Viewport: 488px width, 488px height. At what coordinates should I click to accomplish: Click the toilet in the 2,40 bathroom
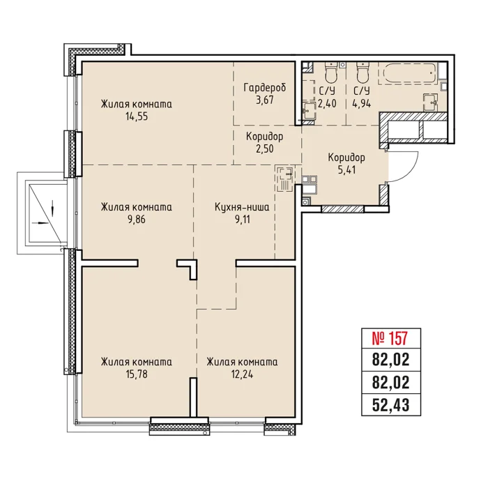point(331,72)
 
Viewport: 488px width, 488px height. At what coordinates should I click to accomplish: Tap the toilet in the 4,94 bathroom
point(363,72)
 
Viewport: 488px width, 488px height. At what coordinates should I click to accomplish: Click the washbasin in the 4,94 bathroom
point(430,102)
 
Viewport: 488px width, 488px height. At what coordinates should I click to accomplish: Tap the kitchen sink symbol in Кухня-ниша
point(284,179)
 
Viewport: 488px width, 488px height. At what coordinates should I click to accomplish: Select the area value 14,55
point(137,116)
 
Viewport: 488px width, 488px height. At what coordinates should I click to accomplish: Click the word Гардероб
point(264,88)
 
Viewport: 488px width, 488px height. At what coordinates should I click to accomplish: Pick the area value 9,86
point(137,220)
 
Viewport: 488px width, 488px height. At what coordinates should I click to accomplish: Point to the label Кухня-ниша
point(242,207)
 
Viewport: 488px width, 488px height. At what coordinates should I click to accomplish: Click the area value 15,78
point(137,374)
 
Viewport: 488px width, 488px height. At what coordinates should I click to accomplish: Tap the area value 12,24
point(242,374)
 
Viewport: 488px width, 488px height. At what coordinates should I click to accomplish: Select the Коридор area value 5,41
point(346,169)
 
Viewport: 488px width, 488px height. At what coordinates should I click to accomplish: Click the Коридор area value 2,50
point(264,148)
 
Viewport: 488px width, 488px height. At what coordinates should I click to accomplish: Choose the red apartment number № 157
point(390,339)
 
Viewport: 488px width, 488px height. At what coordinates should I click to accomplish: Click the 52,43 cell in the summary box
point(390,405)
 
